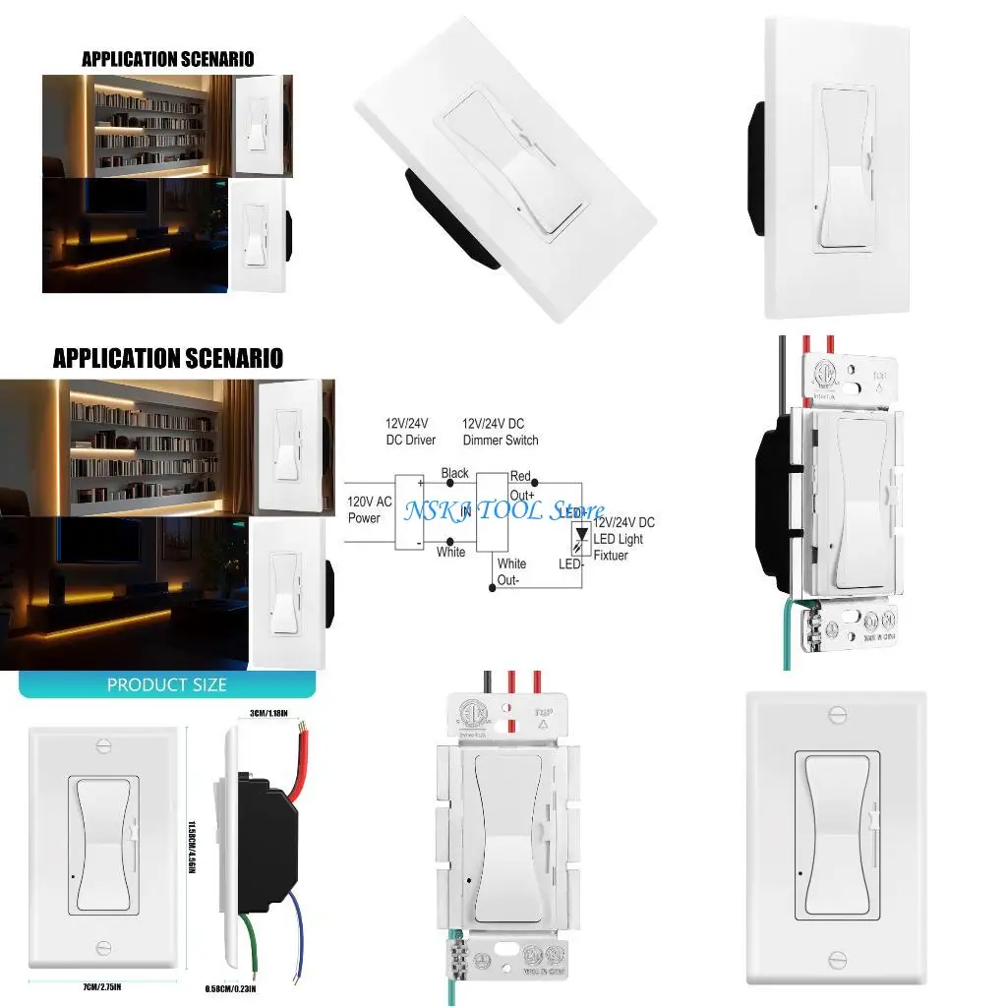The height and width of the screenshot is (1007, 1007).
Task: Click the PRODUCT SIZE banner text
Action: (166, 684)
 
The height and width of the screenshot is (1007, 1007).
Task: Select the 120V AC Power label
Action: (370, 509)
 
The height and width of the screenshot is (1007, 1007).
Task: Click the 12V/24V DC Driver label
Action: (411, 432)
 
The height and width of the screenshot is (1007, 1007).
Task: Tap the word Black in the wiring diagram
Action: (454, 473)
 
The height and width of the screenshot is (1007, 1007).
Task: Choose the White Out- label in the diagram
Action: (510, 570)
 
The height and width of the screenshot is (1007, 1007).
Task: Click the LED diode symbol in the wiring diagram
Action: (582, 535)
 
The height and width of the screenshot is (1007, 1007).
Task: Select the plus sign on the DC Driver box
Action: (422, 483)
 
